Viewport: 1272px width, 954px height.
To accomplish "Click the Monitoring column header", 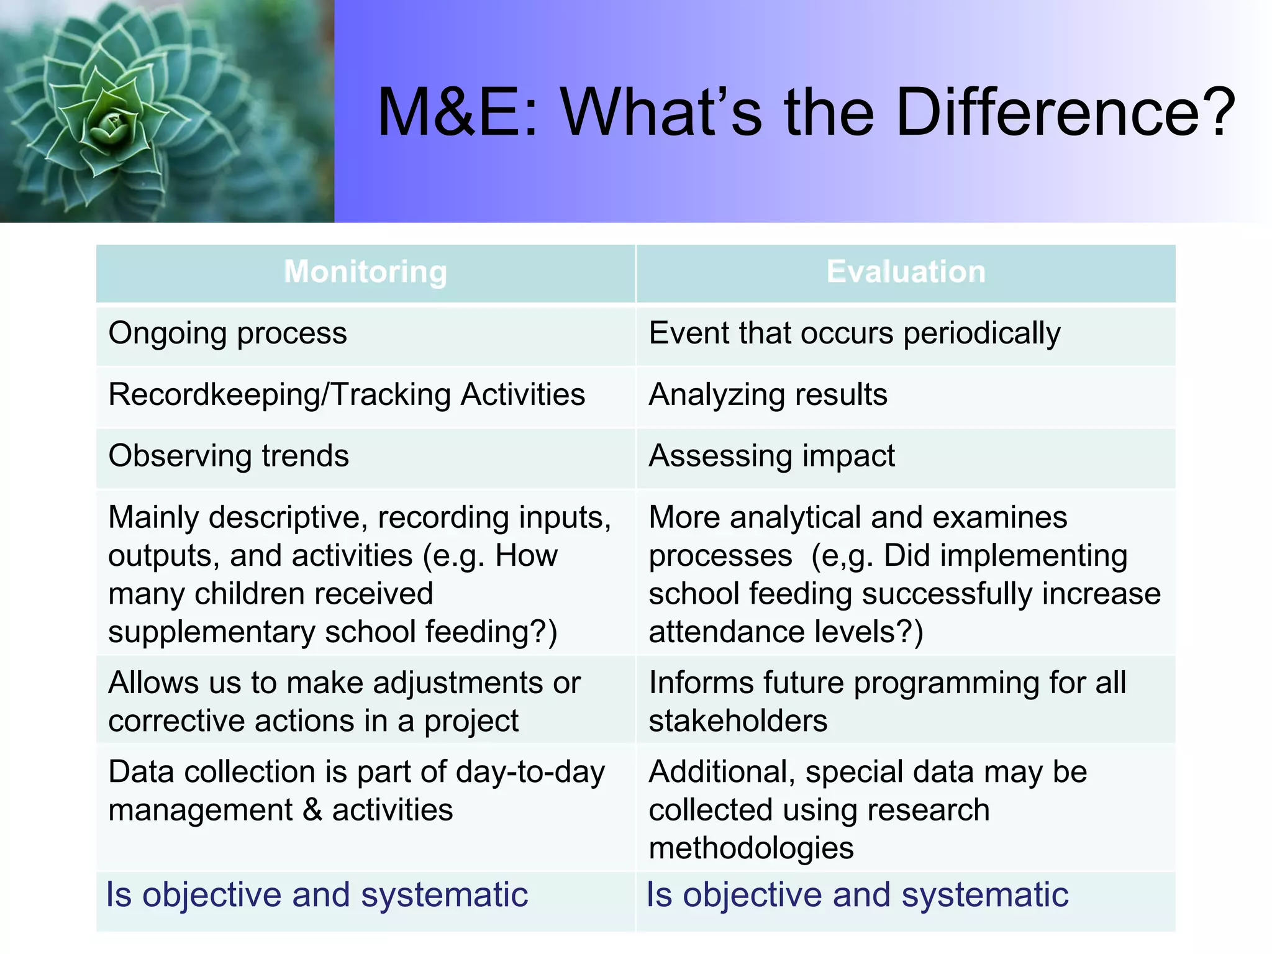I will tap(365, 272).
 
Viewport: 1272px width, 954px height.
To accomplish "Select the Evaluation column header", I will tap(906, 272).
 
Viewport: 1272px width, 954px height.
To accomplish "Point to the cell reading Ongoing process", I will tap(227, 334).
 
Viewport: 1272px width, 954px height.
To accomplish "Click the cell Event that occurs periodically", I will tap(854, 334).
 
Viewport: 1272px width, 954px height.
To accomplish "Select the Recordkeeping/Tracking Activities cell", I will tap(347, 395).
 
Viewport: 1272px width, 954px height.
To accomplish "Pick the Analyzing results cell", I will tap(768, 395).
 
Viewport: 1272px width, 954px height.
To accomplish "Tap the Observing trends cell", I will tap(229, 456).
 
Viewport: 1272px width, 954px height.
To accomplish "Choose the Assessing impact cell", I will tap(771, 456).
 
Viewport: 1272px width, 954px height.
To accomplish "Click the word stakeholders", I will tap(738, 721).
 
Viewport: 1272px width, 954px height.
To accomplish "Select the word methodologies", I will tap(751, 848).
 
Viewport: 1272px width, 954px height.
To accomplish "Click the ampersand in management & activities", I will tap(312, 811).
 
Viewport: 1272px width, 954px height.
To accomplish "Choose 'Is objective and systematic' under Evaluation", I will tap(857, 895).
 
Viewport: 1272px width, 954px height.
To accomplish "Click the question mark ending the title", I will tap(1219, 112).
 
